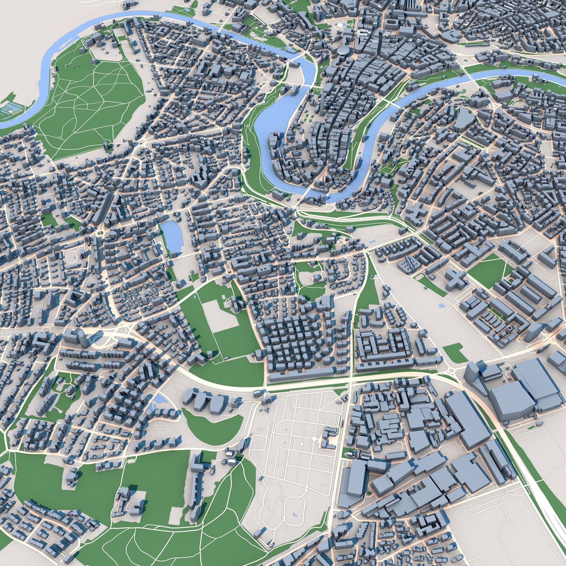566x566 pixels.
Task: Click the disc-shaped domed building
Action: coord(343,50)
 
